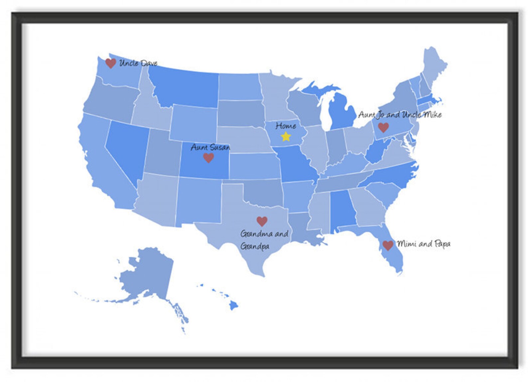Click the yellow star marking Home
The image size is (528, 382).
tap(286, 136)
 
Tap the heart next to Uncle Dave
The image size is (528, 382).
tap(110, 63)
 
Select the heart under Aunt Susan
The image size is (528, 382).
tap(208, 158)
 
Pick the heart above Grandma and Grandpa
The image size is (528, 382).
tap(262, 221)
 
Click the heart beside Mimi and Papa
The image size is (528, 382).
tap(388, 245)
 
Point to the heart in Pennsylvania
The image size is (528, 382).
tap(383, 127)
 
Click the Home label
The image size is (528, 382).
tap(286, 126)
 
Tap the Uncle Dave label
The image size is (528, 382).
tap(138, 63)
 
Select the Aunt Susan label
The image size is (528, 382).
tap(210, 147)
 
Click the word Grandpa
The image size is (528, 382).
tap(255, 246)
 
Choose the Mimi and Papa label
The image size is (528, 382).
tap(424, 244)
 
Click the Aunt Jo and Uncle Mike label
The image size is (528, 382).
tap(400, 115)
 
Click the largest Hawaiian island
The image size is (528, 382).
tap(234, 304)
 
